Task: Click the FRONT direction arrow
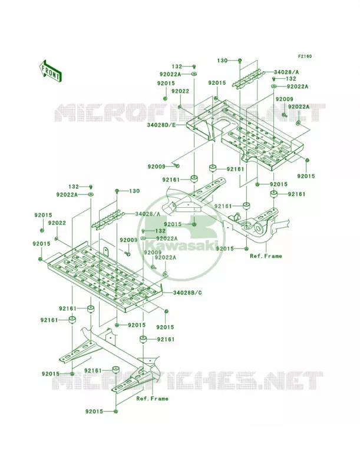pos(50,71)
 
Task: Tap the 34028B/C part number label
pos(187,292)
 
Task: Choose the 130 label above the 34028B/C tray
pos(134,191)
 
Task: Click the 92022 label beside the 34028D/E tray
pos(180,91)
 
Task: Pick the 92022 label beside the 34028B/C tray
pos(57,223)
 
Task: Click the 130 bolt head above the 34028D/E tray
pos(239,61)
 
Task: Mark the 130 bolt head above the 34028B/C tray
pos(117,191)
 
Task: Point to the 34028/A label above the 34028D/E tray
pos(286,72)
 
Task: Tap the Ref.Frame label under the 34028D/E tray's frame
pos(266,256)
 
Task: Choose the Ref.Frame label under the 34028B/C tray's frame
pos(152,399)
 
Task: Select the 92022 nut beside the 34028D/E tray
pos(179,107)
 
